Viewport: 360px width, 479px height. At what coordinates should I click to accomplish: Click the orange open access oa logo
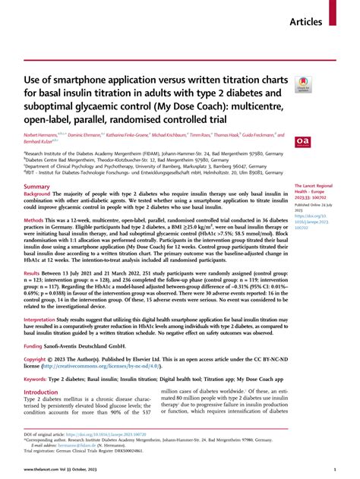(302, 140)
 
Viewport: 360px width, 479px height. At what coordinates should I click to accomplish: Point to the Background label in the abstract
(42, 194)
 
